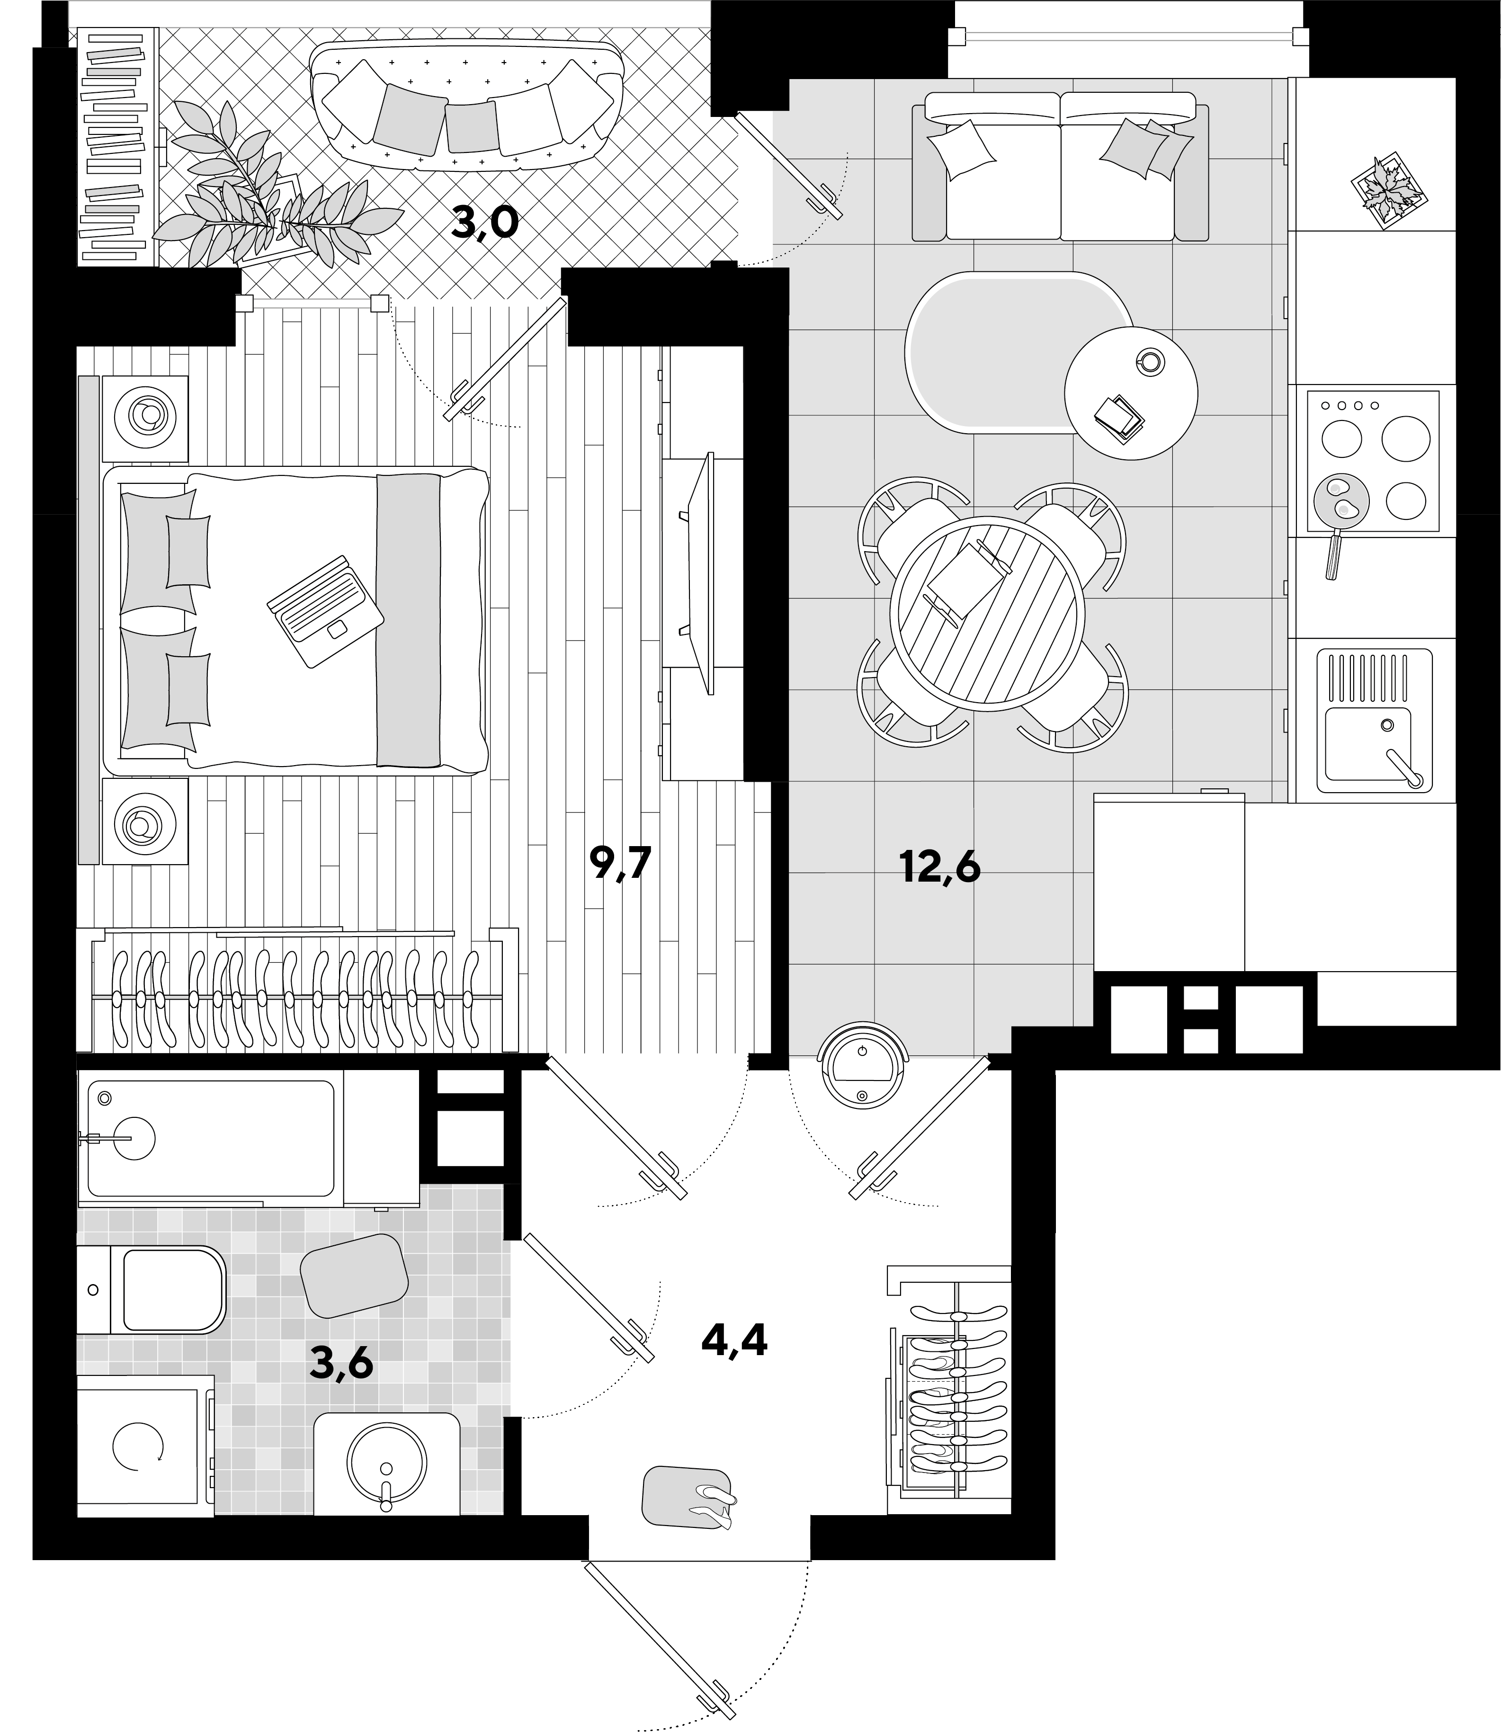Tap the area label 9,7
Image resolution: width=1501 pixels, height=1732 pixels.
[620, 863]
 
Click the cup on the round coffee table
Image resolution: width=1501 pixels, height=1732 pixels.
[1148, 361]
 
